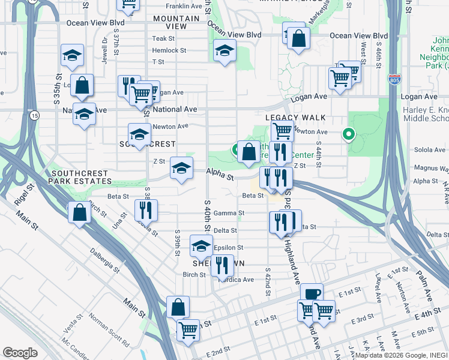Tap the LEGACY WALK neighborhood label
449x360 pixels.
[295, 118]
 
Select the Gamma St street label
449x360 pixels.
[233, 213]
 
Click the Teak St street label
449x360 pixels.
[163, 38]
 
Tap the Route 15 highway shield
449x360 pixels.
[35, 115]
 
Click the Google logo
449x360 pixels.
[20, 352]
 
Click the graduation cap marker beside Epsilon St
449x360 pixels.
[202, 245]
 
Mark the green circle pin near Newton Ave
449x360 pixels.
[348, 135]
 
